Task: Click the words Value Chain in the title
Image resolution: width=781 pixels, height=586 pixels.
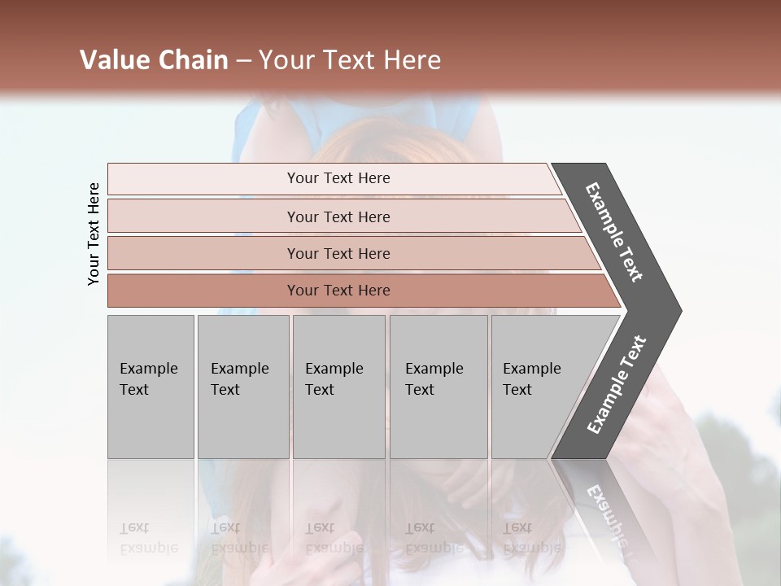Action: tap(154, 60)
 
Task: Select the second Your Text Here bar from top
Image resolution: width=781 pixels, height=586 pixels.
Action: tap(338, 216)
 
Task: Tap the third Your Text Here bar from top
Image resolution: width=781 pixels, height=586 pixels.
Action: tap(338, 253)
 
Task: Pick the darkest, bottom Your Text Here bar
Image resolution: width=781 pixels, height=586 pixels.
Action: tap(338, 291)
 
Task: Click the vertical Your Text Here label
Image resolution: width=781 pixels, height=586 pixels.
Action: tap(94, 234)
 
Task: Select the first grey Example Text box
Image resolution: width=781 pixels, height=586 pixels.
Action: tap(151, 387)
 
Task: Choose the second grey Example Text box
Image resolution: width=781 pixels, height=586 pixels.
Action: tap(242, 387)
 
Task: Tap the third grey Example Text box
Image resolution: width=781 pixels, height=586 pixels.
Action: tap(338, 387)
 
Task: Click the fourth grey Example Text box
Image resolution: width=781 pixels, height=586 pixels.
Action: tap(438, 387)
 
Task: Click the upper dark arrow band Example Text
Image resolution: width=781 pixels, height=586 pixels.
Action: tap(614, 232)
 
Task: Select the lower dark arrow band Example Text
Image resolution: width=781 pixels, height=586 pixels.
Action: tap(616, 385)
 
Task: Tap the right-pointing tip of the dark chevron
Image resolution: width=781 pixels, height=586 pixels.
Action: tap(676, 311)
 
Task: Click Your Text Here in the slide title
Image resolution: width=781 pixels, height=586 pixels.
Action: tap(350, 60)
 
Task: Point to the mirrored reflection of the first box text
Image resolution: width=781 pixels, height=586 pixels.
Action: tap(148, 537)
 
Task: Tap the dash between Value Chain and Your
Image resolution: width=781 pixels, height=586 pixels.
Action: tap(243, 61)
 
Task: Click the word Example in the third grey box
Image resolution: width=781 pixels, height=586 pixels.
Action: tap(334, 369)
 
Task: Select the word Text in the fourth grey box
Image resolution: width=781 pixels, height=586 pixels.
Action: tap(420, 390)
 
